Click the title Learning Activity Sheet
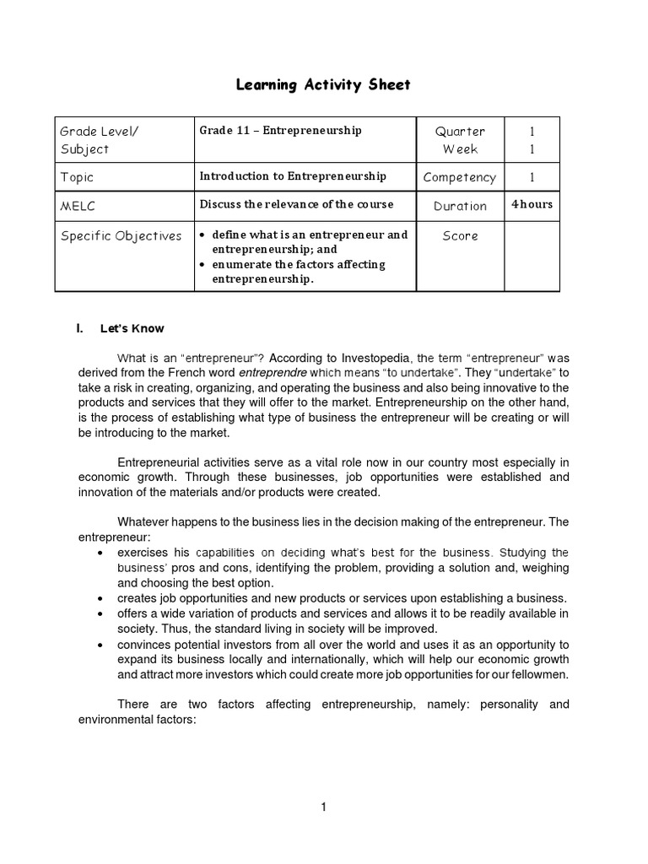323,85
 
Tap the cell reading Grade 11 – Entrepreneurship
280,131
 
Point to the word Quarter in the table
460,132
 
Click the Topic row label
77,177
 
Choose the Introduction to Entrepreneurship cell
293,176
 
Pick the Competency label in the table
460,177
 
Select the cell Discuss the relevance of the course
296,205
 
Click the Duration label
460,206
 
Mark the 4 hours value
532,204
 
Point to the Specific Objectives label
121,236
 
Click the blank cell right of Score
532,256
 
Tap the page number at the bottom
323,807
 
